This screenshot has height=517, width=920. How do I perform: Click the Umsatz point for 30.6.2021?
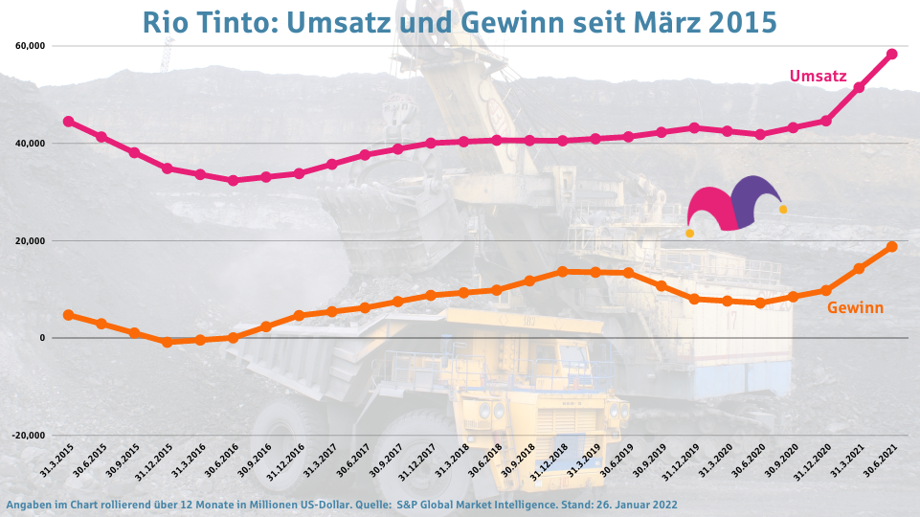891,54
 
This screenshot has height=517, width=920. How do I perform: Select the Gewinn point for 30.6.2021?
891,247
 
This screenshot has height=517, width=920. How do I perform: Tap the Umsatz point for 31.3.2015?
68,122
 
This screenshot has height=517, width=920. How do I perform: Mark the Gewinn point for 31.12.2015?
167,342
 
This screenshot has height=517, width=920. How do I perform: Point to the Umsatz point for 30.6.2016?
233,180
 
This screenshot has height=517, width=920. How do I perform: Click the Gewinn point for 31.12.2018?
562,272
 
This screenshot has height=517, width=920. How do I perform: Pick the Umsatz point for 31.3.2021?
859,88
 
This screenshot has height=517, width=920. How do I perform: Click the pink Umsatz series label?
818,76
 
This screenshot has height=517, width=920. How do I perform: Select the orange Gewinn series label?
855,307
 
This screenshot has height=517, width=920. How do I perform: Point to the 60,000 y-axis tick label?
32,46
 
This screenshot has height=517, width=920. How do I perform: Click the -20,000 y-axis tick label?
30,435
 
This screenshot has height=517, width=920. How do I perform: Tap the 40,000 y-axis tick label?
32,144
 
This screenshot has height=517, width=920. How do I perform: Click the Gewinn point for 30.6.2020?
760,303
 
